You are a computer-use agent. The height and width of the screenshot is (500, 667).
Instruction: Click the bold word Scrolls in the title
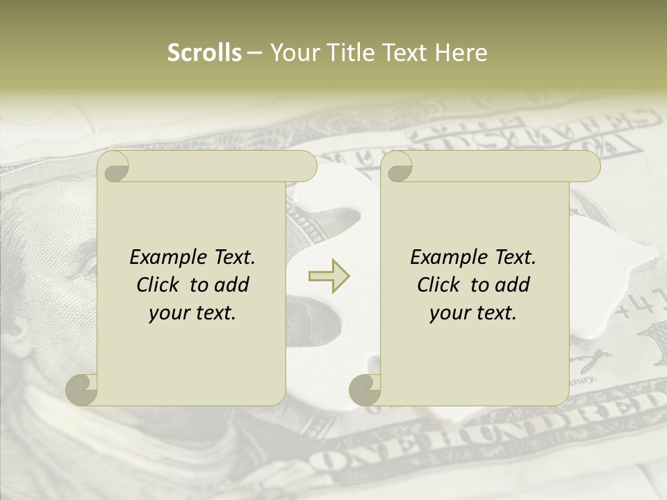204,53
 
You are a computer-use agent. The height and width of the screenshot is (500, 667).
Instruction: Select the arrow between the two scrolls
329,276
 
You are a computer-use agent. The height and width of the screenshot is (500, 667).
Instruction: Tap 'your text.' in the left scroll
192,313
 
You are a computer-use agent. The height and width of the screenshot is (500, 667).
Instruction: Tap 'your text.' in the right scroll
473,313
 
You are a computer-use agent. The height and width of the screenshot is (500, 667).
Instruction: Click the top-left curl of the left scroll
114,167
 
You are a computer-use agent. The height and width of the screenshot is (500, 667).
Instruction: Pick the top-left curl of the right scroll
397,167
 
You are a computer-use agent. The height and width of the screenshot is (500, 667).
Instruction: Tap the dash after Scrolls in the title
255,53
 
